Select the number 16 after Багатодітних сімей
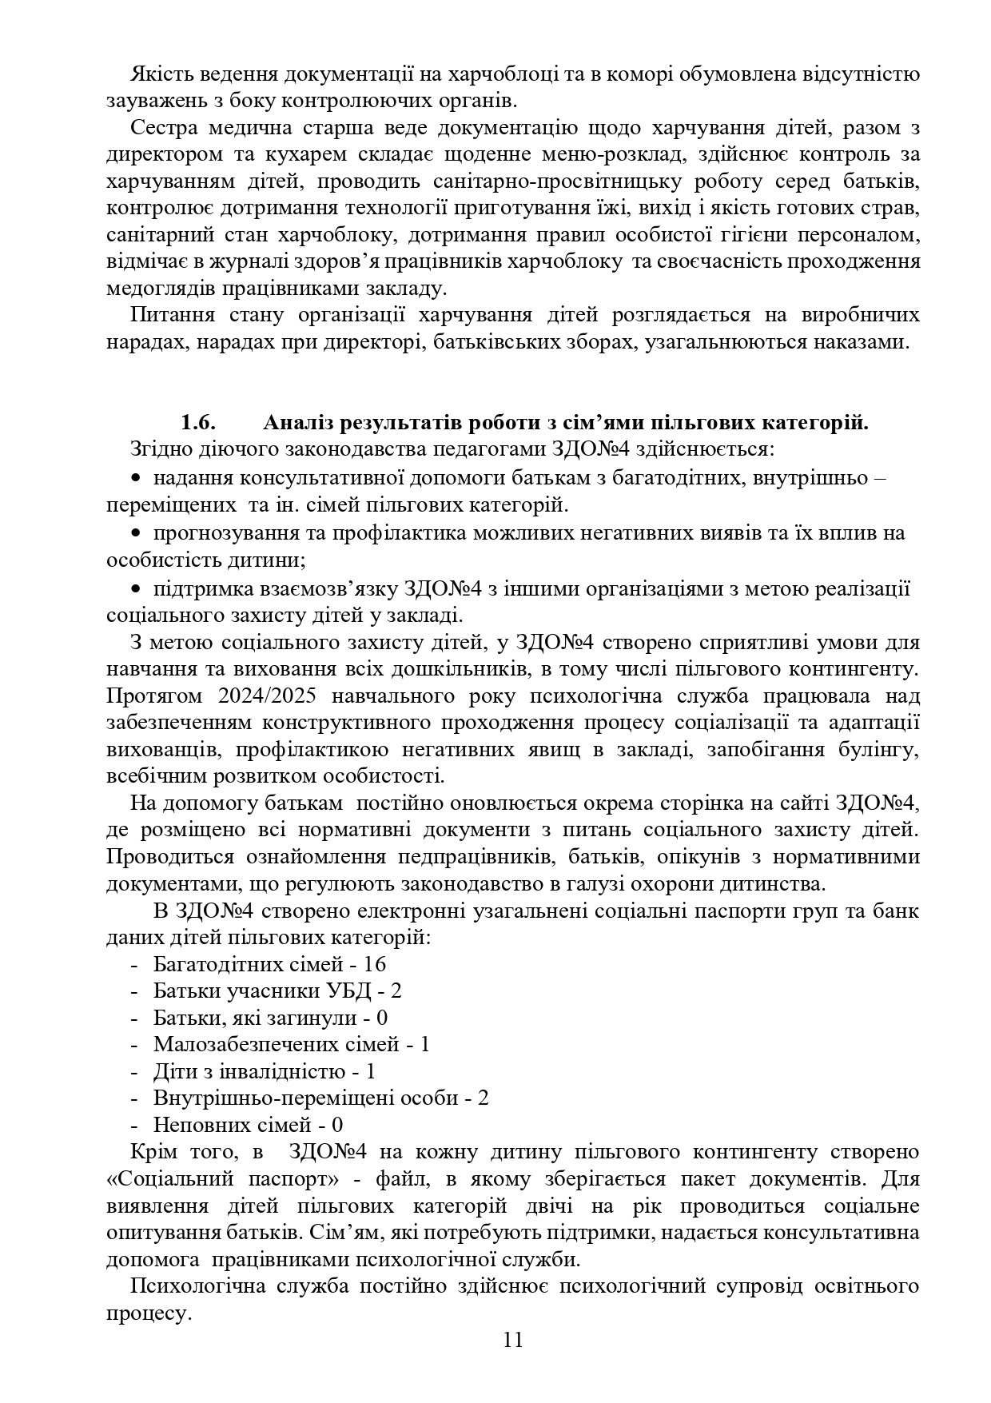pos(374,964)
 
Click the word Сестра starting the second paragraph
pos(162,128)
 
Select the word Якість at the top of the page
pos(158,74)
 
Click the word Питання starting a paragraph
pos(169,315)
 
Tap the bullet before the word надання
pos(136,478)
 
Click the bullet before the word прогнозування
pos(136,532)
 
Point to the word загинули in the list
pos(304,1018)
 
